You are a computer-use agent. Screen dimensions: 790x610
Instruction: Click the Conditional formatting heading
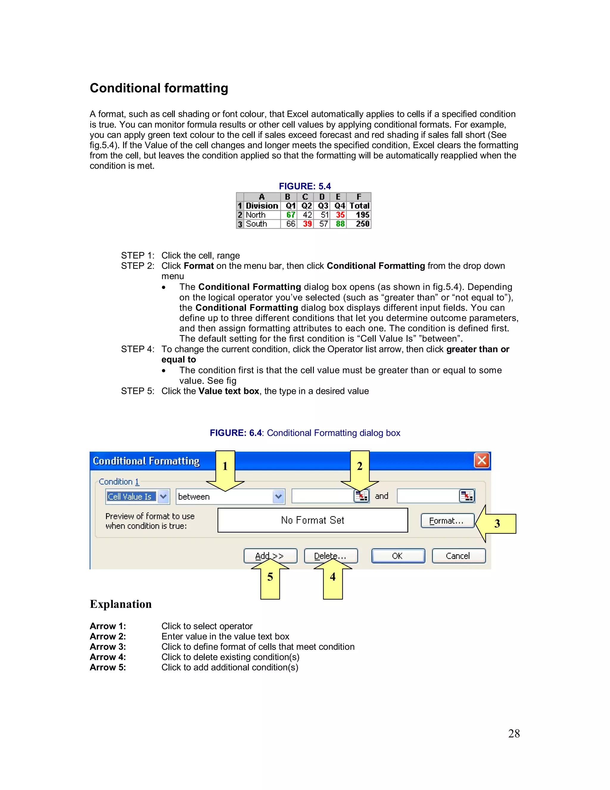point(159,88)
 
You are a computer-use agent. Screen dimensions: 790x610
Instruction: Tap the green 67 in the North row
point(290,215)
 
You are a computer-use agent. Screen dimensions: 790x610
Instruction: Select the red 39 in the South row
point(307,224)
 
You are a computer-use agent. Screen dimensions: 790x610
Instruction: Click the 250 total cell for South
point(362,224)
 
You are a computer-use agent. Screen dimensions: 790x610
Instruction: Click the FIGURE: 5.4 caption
point(305,186)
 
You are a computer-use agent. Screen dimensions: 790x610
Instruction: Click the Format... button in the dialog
point(447,521)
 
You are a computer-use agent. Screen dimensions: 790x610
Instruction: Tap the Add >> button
point(270,556)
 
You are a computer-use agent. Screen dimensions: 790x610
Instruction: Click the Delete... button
point(330,556)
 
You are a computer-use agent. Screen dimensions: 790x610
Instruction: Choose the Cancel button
point(458,556)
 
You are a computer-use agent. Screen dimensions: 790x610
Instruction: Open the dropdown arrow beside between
point(278,497)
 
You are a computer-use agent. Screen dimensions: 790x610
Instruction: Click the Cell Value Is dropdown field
point(131,497)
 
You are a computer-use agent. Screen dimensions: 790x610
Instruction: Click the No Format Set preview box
point(312,520)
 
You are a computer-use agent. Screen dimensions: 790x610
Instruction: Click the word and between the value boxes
point(382,496)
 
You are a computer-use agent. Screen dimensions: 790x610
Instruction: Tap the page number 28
point(514,734)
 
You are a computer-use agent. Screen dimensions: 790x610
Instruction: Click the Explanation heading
point(121,604)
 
